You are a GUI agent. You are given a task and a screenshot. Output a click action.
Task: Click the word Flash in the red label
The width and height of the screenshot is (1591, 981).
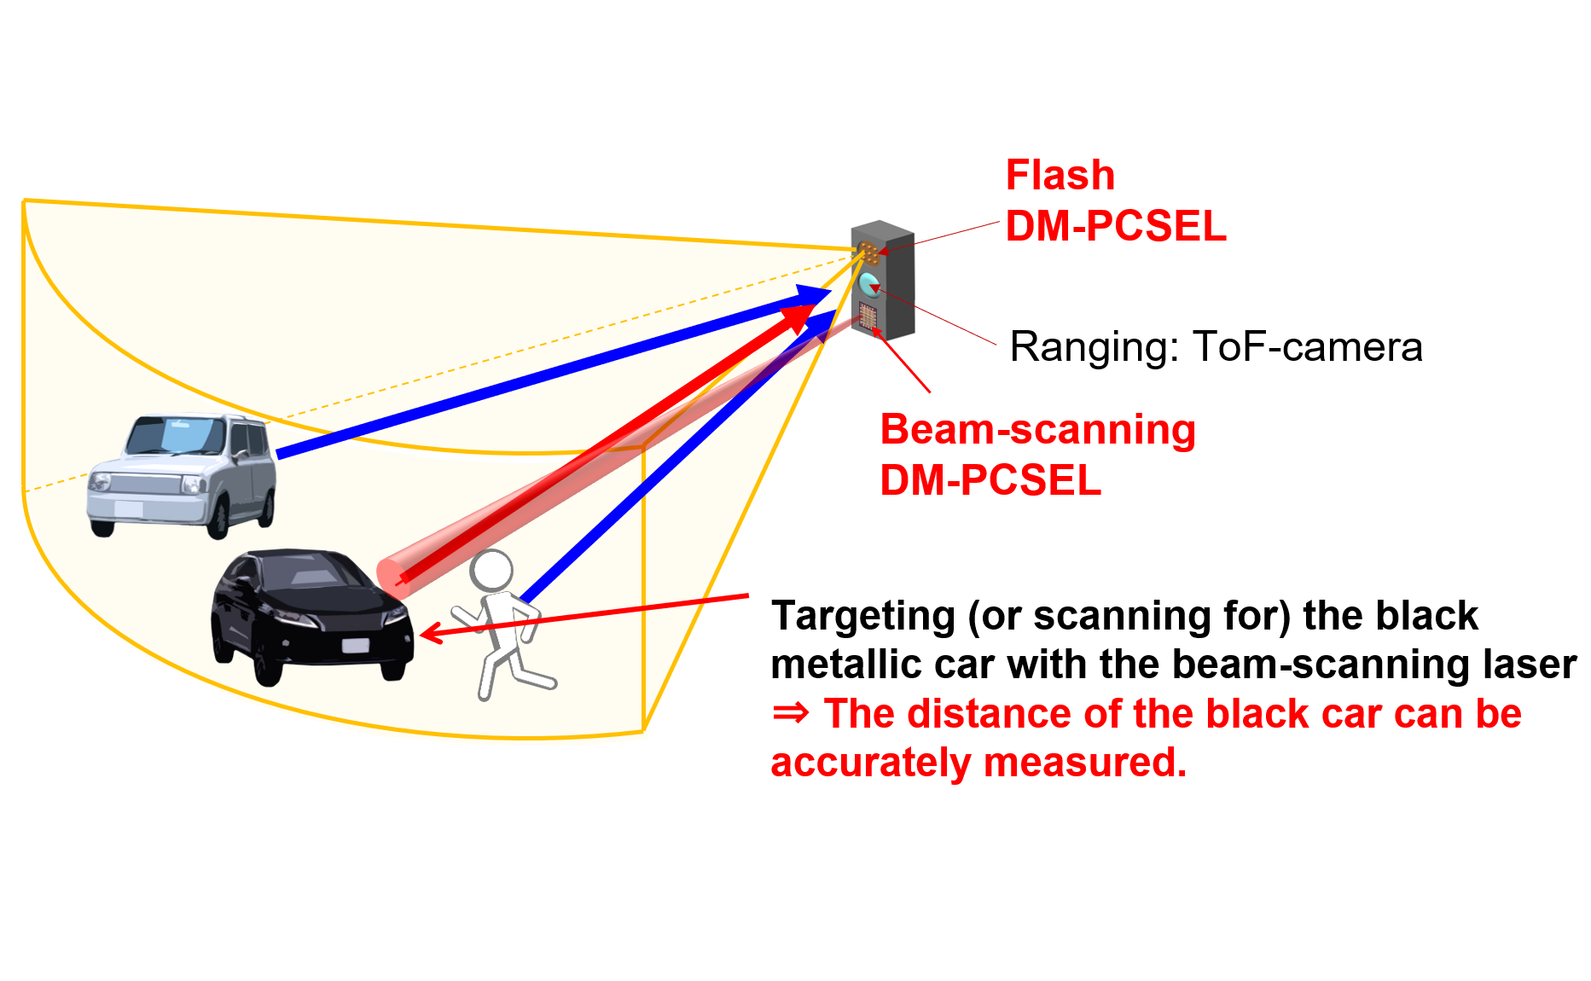1060,176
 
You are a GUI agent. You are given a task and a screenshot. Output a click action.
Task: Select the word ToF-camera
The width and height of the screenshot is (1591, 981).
1307,347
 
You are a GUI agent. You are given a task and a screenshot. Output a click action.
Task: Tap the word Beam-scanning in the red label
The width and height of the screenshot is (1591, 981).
1037,429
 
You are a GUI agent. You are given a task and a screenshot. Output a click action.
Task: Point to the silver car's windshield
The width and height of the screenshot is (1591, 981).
175,435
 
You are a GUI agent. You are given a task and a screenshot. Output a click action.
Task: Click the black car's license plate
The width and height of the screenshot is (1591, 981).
355,645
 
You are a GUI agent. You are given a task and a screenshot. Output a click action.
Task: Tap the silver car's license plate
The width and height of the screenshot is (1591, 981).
129,509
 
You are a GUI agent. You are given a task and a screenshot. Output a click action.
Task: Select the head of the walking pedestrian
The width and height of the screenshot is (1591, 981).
491,570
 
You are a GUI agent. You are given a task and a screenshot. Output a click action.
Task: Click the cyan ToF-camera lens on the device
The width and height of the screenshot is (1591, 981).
868,284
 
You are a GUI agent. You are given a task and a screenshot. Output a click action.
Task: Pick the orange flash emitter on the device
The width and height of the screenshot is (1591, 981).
868,253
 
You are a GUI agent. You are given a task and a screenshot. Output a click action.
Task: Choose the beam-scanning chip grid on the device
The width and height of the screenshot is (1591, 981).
868,316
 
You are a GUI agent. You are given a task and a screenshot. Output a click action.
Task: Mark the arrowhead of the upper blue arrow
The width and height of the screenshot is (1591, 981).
814,295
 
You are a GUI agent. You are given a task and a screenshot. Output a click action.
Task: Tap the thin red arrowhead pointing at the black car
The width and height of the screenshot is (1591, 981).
429,634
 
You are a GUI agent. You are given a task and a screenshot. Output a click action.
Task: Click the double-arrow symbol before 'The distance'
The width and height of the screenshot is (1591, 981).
790,713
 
